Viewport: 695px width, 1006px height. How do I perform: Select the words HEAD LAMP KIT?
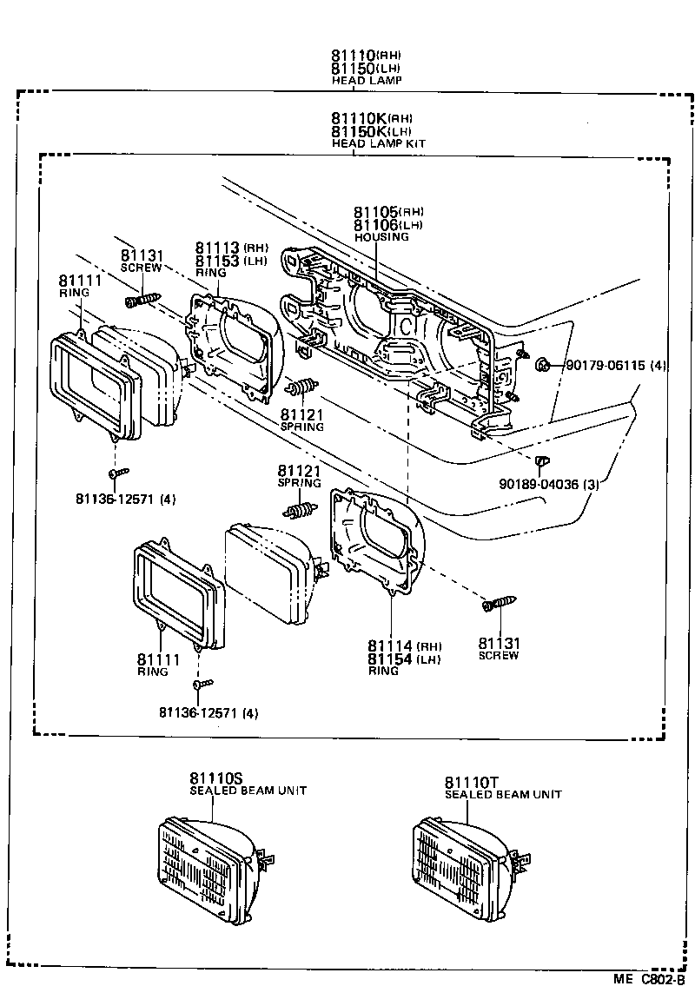tap(378, 142)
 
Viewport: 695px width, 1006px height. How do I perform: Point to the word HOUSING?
tap(381, 237)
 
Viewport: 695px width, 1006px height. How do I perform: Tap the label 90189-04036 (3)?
tap(548, 484)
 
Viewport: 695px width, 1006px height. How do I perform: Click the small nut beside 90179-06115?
tap(542, 364)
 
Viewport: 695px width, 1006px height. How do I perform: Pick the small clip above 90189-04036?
tap(539, 460)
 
